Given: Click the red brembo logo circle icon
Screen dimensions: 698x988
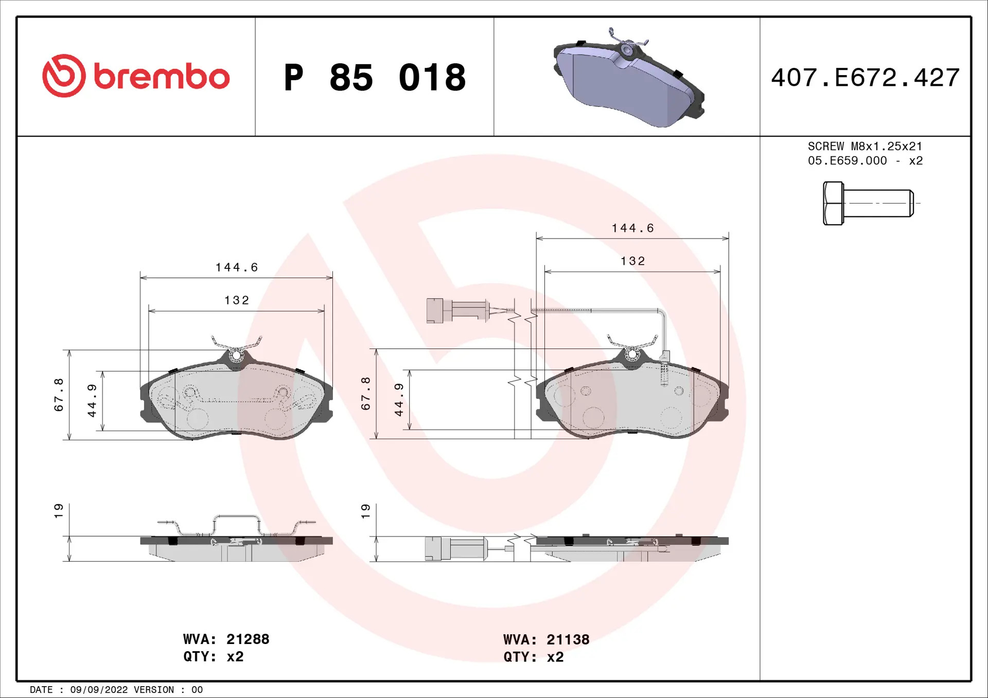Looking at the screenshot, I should point(64,76).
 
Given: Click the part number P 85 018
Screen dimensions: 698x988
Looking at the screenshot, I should point(375,78).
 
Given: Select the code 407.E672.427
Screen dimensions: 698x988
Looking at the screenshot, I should point(865,78).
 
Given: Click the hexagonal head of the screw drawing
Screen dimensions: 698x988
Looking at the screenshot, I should point(833,203).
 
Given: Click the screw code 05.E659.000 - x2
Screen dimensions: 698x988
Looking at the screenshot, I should point(864,161).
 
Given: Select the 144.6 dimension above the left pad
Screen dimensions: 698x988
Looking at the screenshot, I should point(237,267).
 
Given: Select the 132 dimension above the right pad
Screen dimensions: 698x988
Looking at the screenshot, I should point(632,261).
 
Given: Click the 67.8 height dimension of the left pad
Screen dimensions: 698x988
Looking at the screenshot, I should point(59,395).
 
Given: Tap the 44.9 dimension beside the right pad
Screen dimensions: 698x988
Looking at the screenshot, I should point(399,399).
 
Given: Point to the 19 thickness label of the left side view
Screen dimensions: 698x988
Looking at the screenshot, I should point(59,510).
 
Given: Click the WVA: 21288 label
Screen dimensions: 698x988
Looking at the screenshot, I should point(226,639).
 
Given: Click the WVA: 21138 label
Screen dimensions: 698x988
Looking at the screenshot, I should point(546,639).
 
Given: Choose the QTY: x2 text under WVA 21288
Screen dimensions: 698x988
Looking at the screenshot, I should point(213,656).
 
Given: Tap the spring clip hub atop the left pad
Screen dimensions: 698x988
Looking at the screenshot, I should point(236,355).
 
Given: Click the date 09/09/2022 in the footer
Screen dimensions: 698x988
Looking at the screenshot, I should point(99,690).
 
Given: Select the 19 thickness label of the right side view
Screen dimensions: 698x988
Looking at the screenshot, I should point(365,510).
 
